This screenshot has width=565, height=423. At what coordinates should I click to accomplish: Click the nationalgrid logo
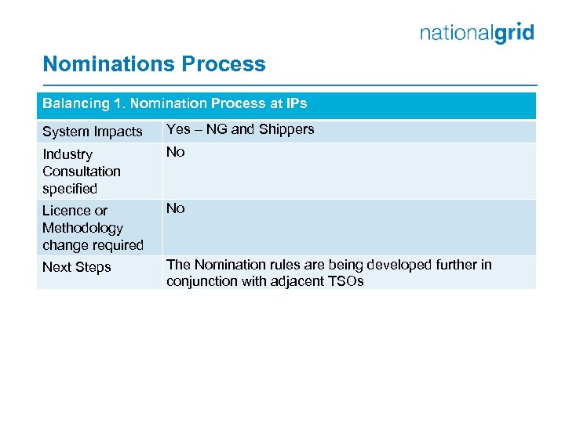click(x=476, y=33)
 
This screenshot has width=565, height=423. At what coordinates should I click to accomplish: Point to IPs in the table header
click(x=295, y=103)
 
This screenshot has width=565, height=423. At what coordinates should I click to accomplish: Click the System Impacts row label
click(x=93, y=132)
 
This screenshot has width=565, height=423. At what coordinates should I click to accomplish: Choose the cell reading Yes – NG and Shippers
click(x=240, y=130)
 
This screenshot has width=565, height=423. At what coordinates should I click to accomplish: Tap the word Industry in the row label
click(x=67, y=154)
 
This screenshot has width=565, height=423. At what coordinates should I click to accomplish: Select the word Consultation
click(x=82, y=172)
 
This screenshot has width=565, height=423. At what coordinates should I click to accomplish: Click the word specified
click(x=70, y=189)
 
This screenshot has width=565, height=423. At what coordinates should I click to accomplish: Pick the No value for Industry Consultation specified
click(x=176, y=152)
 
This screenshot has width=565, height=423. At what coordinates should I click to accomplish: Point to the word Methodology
click(x=83, y=228)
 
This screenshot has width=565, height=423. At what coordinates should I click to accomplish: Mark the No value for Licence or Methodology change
click(x=176, y=208)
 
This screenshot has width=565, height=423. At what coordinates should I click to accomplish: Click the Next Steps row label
click(x=77, y=267)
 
